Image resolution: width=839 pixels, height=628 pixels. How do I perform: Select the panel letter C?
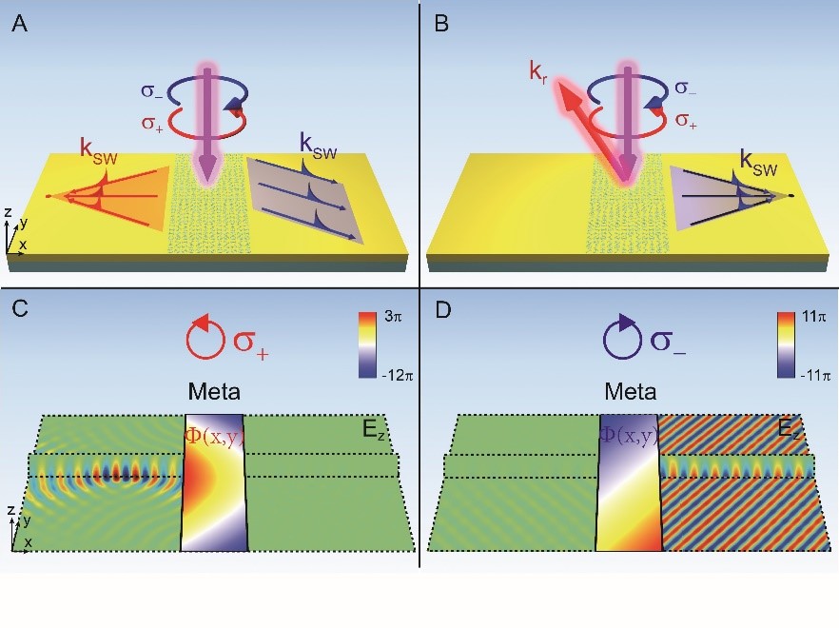point(19,310)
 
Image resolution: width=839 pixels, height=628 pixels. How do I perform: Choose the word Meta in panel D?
point(630,391)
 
